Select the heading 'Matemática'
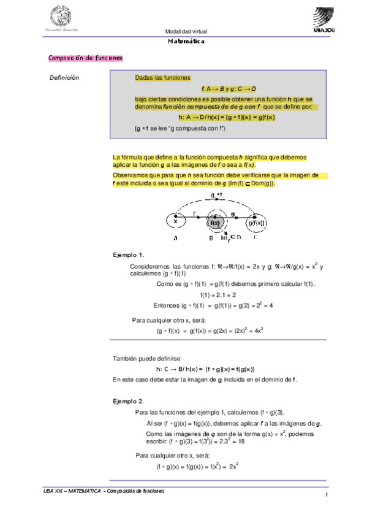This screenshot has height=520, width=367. tap(186, 42)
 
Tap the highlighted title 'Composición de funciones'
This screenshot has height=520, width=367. tap(85, 58)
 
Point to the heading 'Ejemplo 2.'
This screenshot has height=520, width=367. tap(129, 400)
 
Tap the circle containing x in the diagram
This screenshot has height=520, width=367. tap(175, 221)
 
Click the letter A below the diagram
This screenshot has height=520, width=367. tap(176, 238)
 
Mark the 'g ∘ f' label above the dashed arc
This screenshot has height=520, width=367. tap(218, 195)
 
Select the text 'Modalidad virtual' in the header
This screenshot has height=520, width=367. tap(186, 32)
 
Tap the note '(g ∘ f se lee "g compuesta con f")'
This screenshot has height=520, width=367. tap(180, 128)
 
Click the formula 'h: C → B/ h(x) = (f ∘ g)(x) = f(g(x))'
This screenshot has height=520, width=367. tap(205, 369)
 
